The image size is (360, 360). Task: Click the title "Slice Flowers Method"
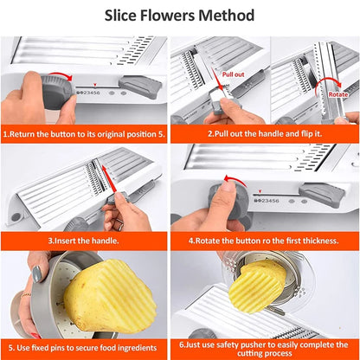180,16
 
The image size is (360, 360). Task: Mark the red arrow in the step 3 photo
110,184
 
